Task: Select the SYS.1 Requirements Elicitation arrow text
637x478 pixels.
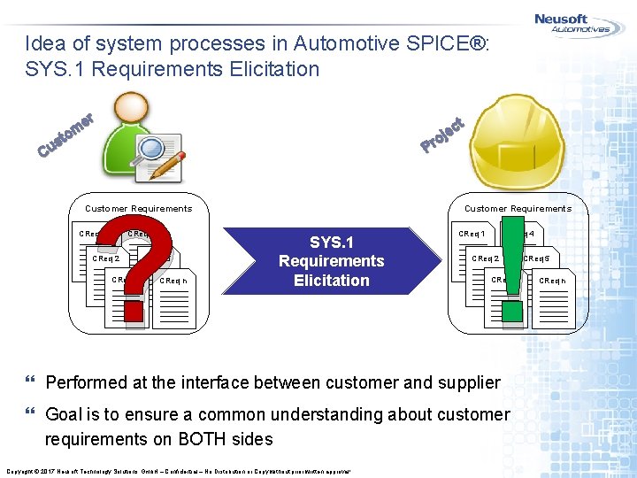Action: coord(331,261)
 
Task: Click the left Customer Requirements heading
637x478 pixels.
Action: coord(138,209)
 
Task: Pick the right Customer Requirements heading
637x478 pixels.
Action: coord(518,209)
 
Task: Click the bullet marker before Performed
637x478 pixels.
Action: coord(32,382)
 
